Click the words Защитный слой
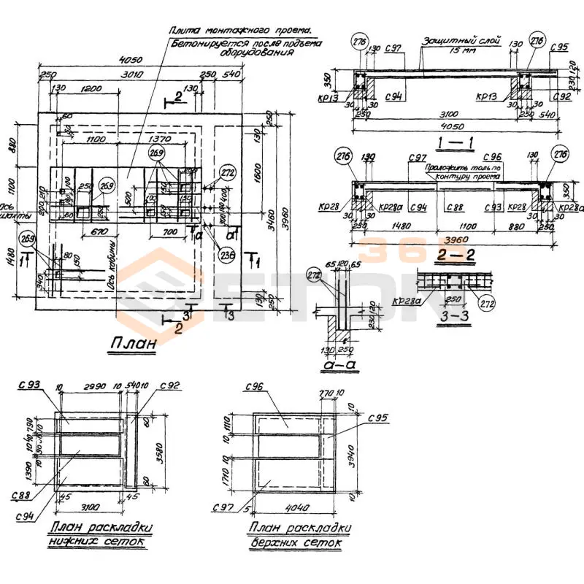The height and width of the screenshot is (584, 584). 457,42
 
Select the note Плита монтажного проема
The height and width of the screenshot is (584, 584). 239,31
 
